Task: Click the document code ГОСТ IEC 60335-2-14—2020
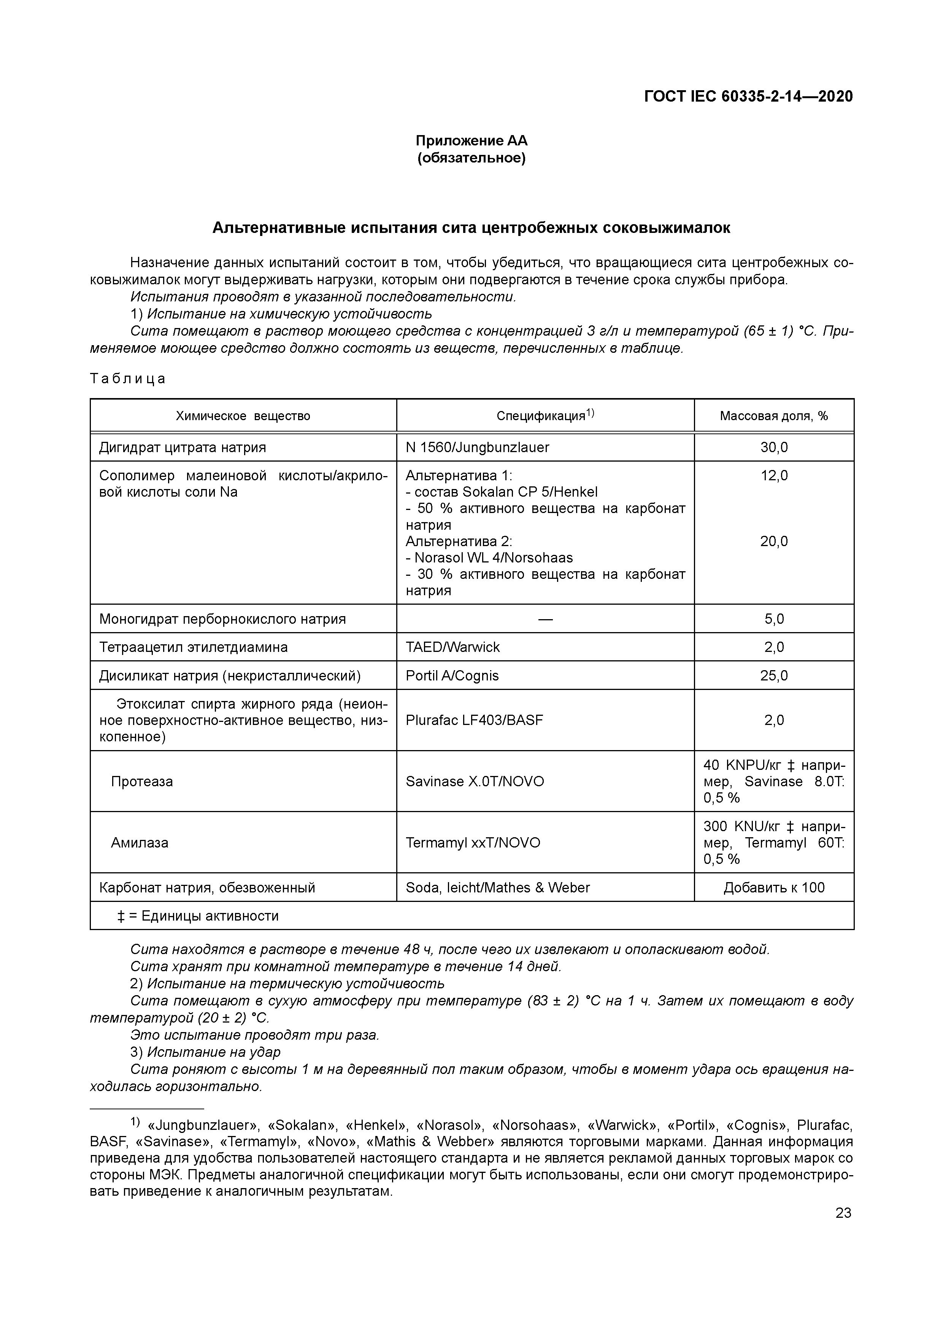(748, 97)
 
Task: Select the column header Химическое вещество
(243, 416)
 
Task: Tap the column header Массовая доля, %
(773, 416)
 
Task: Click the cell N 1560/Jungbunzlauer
(477, 447)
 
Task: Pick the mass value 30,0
(773, 447)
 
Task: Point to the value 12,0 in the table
(773, 476)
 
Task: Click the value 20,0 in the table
(773, 541)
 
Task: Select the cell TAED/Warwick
(452, 647)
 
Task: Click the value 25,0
(773, 675)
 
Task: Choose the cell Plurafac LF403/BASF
(474, 720)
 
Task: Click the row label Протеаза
(142, 781)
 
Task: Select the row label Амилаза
(140, 843)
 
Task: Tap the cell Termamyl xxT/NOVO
(472, 843)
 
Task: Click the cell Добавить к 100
(773, 888)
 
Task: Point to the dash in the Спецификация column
(545, 619)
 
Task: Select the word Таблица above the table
(128, 379)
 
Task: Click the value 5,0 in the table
(773, 619)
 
